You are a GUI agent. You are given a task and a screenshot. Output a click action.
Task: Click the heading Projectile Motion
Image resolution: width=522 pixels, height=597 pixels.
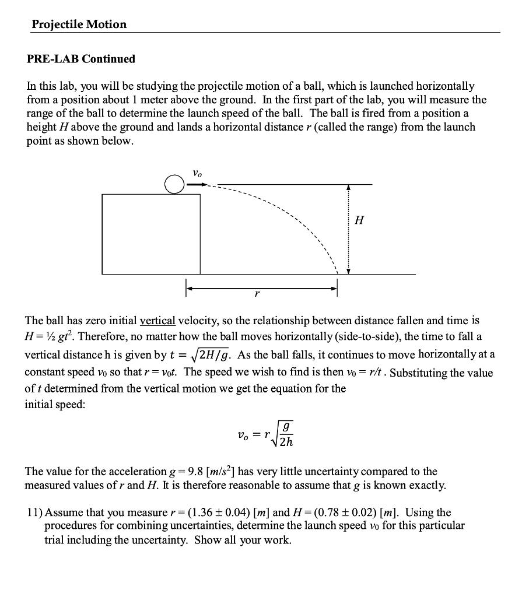tap(79, 24)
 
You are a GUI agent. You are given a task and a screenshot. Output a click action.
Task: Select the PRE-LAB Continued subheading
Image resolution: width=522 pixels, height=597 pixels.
tap(81, 59)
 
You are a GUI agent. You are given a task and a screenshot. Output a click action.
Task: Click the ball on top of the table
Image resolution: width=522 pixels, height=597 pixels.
tap(174, 185)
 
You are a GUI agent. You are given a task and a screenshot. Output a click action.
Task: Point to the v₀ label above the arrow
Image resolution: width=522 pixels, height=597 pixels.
tap(198, 173)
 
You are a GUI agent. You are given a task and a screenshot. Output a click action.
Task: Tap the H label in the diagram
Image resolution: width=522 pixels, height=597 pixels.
tap(359, 220)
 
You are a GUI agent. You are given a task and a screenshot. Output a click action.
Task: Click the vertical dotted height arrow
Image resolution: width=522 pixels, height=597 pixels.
tap(348, 229)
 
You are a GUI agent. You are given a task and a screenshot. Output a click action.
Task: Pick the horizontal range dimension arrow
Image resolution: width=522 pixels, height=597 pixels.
tap(261, 287)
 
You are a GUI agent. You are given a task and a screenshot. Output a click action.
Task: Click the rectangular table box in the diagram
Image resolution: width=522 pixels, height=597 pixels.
tap(151, 234)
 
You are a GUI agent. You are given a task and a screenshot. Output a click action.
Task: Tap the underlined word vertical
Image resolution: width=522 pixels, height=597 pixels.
tap(157, 321)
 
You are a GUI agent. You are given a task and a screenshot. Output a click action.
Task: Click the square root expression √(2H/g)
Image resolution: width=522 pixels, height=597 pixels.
tap(208, 354)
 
